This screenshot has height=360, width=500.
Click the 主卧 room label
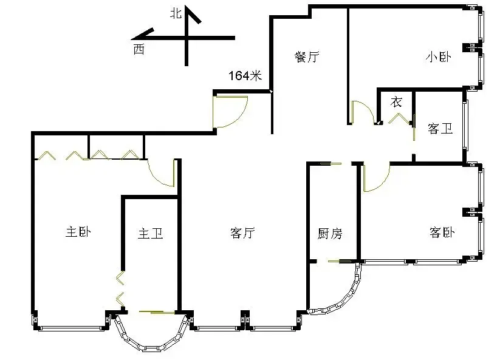[78, 232]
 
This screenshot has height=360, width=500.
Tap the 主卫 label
[151, 234]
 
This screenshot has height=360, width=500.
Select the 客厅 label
[242, 233]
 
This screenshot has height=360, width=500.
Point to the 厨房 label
[330, 234]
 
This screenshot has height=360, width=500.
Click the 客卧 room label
[442, 233]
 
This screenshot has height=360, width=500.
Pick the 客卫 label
[440, 128]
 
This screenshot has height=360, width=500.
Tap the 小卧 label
[439, 57]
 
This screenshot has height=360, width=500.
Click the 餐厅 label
[307, 56]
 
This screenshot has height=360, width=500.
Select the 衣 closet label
[396, 102]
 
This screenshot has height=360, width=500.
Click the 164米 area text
[245, 75]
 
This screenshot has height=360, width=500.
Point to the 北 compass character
[176, 13]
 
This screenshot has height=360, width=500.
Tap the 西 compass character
[139, 49]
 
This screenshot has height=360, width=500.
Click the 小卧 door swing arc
[368, 107]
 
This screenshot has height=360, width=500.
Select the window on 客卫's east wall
[466, 125]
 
